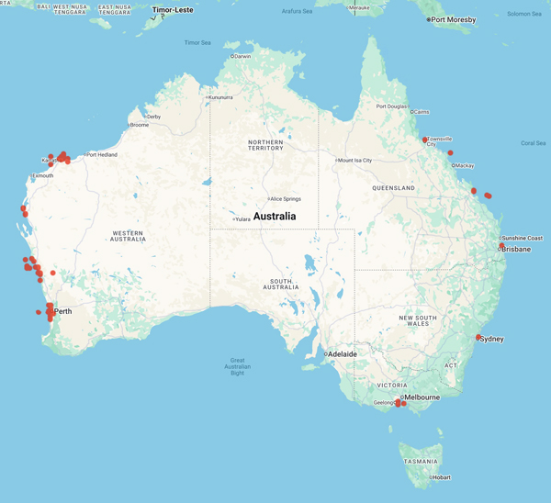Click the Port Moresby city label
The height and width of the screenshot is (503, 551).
[x=454, y=19]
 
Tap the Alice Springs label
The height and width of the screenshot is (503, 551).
[x=286, y=198]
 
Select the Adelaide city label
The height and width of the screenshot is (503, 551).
[x=342, y=353]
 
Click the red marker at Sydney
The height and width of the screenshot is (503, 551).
[x=478, y=338]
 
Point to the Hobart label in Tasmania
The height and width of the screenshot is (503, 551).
[x=442, y=477]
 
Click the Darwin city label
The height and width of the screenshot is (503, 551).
[x=242, y=56]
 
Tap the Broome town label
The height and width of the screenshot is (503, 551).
[x=139, y=125]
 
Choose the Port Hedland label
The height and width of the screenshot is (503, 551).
[x=101, y=154]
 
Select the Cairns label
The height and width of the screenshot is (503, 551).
[x=421, y=112]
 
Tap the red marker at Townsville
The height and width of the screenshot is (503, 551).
[x=425, y=140]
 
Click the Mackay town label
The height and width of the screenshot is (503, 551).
[x=465, y=165]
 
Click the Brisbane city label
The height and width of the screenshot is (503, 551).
[x=515, y=249]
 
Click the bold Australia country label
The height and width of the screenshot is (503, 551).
[x=275, y=217]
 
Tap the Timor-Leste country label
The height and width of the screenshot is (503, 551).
[x=173, y=9]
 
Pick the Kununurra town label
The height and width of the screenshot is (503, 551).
[x=220, y=97]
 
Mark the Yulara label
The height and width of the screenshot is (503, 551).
[x=242, y=218]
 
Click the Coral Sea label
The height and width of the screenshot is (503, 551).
[x=533, y=142]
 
